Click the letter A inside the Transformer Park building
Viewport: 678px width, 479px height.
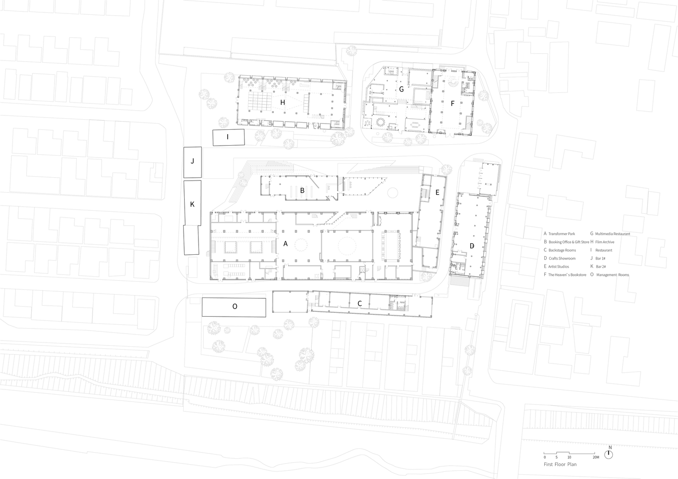pyautogui.click(x=285, y=243)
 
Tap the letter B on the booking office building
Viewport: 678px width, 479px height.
pyautogui.click(x=302, y=191)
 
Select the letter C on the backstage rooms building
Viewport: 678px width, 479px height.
pyautogui.click(x=360, y=304)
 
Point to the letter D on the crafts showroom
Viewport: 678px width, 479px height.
pyautogui.click(x=472, y=246)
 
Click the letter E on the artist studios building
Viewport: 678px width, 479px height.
pyautogui.click(x=437, y=193)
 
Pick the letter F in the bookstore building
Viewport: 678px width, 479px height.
pyautogui.click(x=453, y=103)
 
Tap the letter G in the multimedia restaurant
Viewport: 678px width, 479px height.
pyautogui.click(x=401, y=89)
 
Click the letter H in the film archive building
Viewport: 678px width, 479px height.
pyautogui.click(x=282, y=103)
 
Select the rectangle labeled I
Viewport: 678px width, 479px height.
pyautogui.click(x=229, y=137)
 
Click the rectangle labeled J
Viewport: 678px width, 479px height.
pyautogui.click(x=192, y=162)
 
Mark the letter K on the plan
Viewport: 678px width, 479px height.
pyautogui.click(x=192, y=205)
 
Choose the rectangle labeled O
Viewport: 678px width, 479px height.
pyautogui.click(x=234, y=307)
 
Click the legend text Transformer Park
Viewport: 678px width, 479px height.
pyautogui.click(x=561, y=234)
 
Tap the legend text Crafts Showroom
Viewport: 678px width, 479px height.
pyautogui.click(x=562, y=258)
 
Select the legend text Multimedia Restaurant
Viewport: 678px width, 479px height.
pyautogui.click(x=613, y=234)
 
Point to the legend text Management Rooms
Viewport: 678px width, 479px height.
pyautogui.click(x=613, y=275)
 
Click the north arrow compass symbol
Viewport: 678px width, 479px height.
pyautogui.click(x=608, y=455)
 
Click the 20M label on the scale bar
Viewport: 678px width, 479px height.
pyautogui.click(x=596, y=457)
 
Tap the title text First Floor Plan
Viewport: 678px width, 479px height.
pyautogui.click(x=560, y=464)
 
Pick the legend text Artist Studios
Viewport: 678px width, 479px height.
pyautogui.click(x=559, y=266)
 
